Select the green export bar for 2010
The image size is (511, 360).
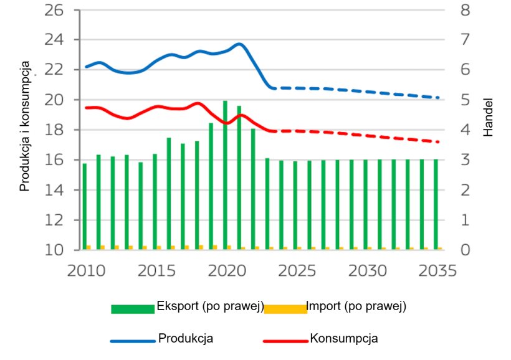pos(85,206)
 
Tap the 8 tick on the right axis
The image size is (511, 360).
pos(464,11)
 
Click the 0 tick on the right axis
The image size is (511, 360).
pos(464,250)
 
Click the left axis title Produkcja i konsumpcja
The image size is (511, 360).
pos(26,126)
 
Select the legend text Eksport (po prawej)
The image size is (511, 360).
pos(210,306)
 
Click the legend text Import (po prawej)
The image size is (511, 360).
pos(356,306)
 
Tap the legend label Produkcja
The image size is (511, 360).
pos(186,338)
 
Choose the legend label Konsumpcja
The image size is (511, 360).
pos(343,338)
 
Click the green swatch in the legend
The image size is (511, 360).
pos(132,309)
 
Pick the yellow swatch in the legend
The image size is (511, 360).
pos(285,309)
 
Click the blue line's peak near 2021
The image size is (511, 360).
pos(239,44)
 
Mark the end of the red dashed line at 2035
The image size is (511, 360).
pos(439,142)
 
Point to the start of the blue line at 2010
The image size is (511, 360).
pos(86,67)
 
